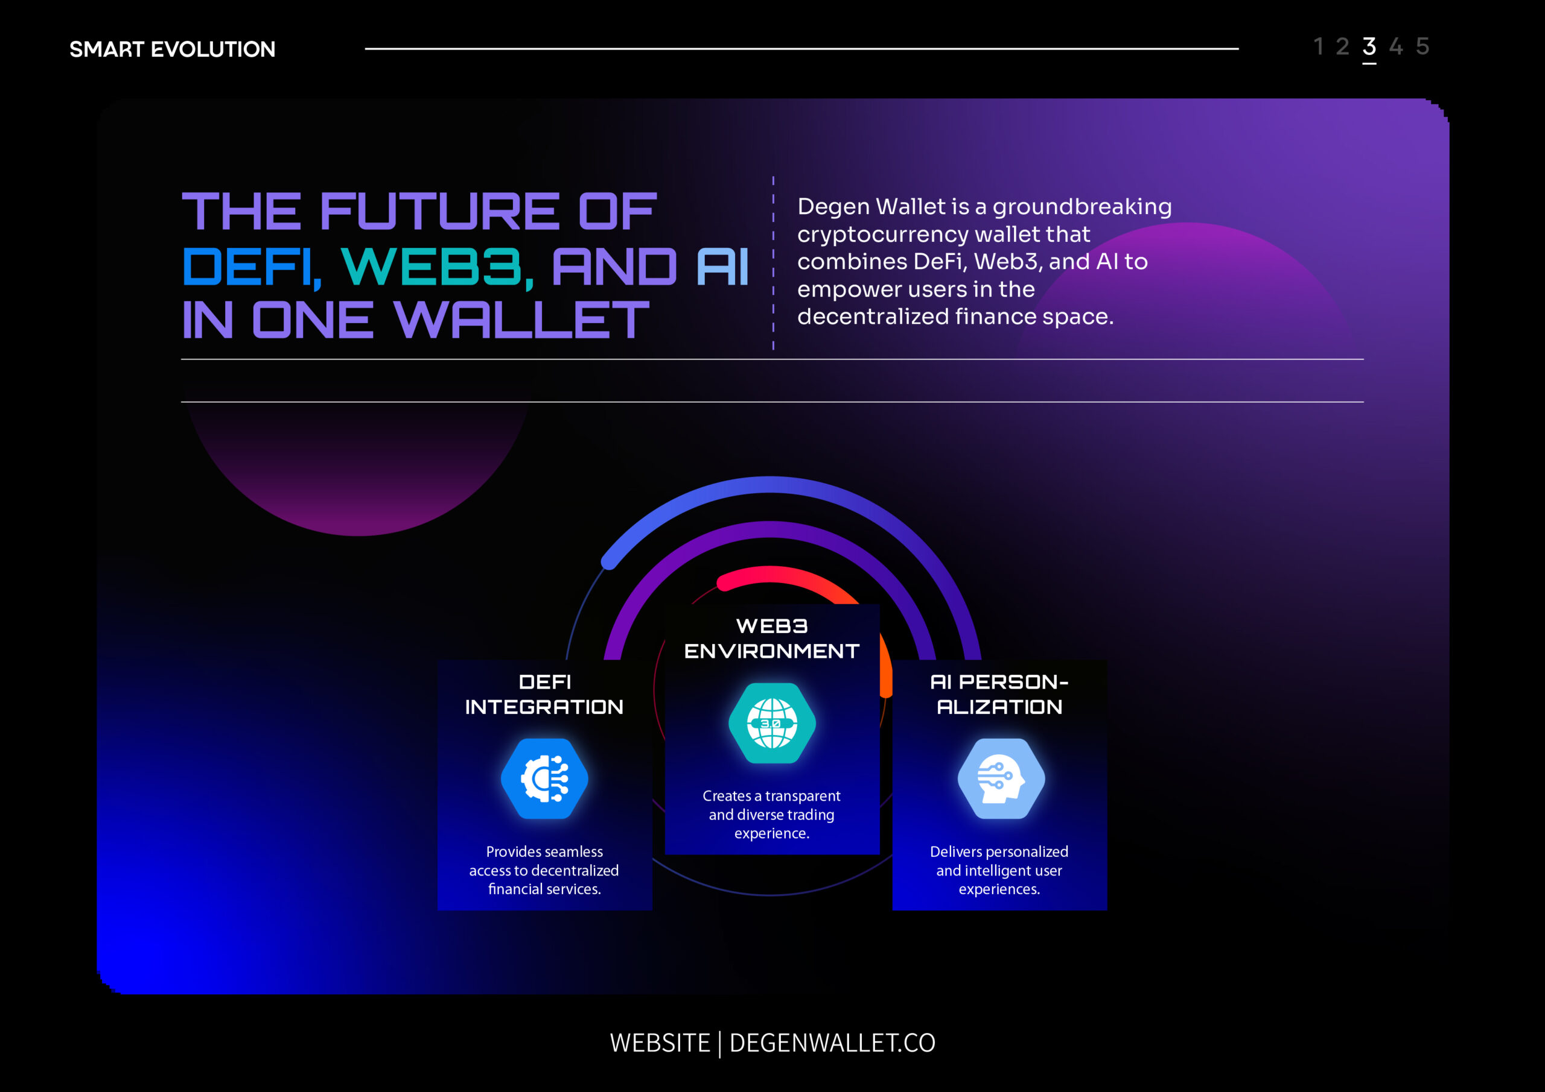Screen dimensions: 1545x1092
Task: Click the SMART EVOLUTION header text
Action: click(x=172, y=49)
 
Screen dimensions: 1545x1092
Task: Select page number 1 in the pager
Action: click(x=1319, y=46)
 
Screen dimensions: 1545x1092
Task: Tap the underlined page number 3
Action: click(x=1369, y=46)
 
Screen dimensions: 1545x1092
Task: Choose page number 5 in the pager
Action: click(x=1422, y=46)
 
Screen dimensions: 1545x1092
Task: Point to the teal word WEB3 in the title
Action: click(x=438, y=268)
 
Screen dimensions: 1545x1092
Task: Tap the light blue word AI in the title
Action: click(x=722, y=267)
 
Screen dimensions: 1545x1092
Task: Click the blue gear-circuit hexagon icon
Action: click(x=544, y=778)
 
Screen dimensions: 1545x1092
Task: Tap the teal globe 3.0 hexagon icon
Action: click(x=772, y=724)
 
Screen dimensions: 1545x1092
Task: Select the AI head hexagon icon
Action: click(x=1001, y=778)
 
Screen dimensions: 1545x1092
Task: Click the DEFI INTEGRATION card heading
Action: click(x=544, y=695)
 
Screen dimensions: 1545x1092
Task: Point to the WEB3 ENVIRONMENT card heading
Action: click(x=772, y=639)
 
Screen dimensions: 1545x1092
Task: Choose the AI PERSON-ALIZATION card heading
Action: click(x=999, y=695)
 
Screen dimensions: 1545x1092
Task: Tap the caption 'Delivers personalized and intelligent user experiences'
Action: click(x=999, y=870)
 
